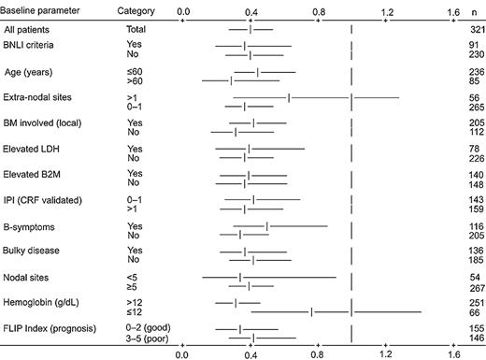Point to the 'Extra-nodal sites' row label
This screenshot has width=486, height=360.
tap(42, 97)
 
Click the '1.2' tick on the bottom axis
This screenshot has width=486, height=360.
tap(387, 353)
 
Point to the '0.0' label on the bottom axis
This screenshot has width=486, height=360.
tap(182, 353)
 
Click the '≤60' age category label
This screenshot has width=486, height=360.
tap(136, 72)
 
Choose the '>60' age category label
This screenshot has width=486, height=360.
tap(136, 81)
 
